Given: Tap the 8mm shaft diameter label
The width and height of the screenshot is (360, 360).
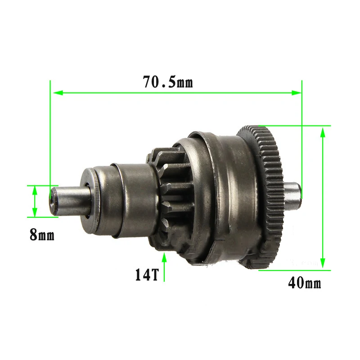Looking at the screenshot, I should point(42,234).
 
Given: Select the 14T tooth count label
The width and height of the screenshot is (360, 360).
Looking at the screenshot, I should point(147,274).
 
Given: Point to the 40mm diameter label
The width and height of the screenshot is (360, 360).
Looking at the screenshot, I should point(304,283).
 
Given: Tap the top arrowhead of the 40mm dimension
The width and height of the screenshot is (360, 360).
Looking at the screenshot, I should point(322,131).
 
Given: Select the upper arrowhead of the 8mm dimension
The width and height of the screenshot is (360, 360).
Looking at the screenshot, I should point(34,189).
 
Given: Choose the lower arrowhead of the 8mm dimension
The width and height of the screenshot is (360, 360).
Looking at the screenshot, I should point(34,212).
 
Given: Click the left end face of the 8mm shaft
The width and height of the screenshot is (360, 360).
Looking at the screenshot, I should point(54,201).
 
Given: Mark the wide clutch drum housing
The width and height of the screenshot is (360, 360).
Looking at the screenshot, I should point(225,198).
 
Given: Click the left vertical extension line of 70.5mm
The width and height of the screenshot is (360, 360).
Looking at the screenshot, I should point(50,135).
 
